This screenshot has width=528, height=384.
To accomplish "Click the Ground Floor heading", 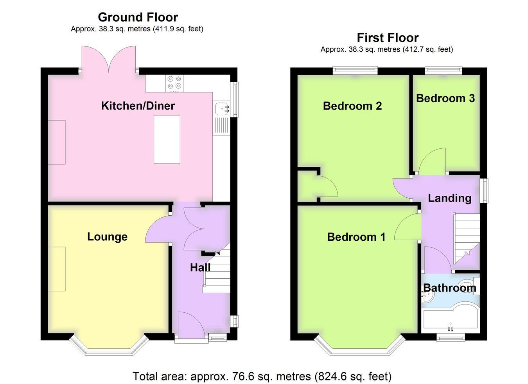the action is (x=138, y=17).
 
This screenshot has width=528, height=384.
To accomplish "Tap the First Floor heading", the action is (x=388, y=38).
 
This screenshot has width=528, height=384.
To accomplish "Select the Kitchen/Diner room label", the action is (x=138, y=106).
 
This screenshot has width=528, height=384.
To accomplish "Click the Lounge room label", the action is (x=107, y=237).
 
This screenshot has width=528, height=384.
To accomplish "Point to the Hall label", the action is (x=200, y=267).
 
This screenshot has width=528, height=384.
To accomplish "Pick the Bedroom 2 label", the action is (x=352, y=106).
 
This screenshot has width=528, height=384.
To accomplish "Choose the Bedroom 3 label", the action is (x=445, y=98).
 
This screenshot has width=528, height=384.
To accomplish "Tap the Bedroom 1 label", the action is (x=356, y=237).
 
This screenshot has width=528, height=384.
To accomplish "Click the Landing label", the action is (x=450, y=198).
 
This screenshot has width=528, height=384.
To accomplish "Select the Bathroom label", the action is (x=450, y=288).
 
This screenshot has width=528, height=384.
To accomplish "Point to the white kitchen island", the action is (x=167, y=139).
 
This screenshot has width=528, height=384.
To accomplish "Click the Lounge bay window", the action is (x=109, y=346).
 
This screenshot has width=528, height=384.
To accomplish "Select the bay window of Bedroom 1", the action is (x=360, y=346).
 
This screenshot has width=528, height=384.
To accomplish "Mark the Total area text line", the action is (x=262, y=377).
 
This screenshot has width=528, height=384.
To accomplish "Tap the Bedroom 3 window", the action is (x=444, y=71).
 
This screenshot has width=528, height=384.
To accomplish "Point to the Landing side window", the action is (x=484, y=191).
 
